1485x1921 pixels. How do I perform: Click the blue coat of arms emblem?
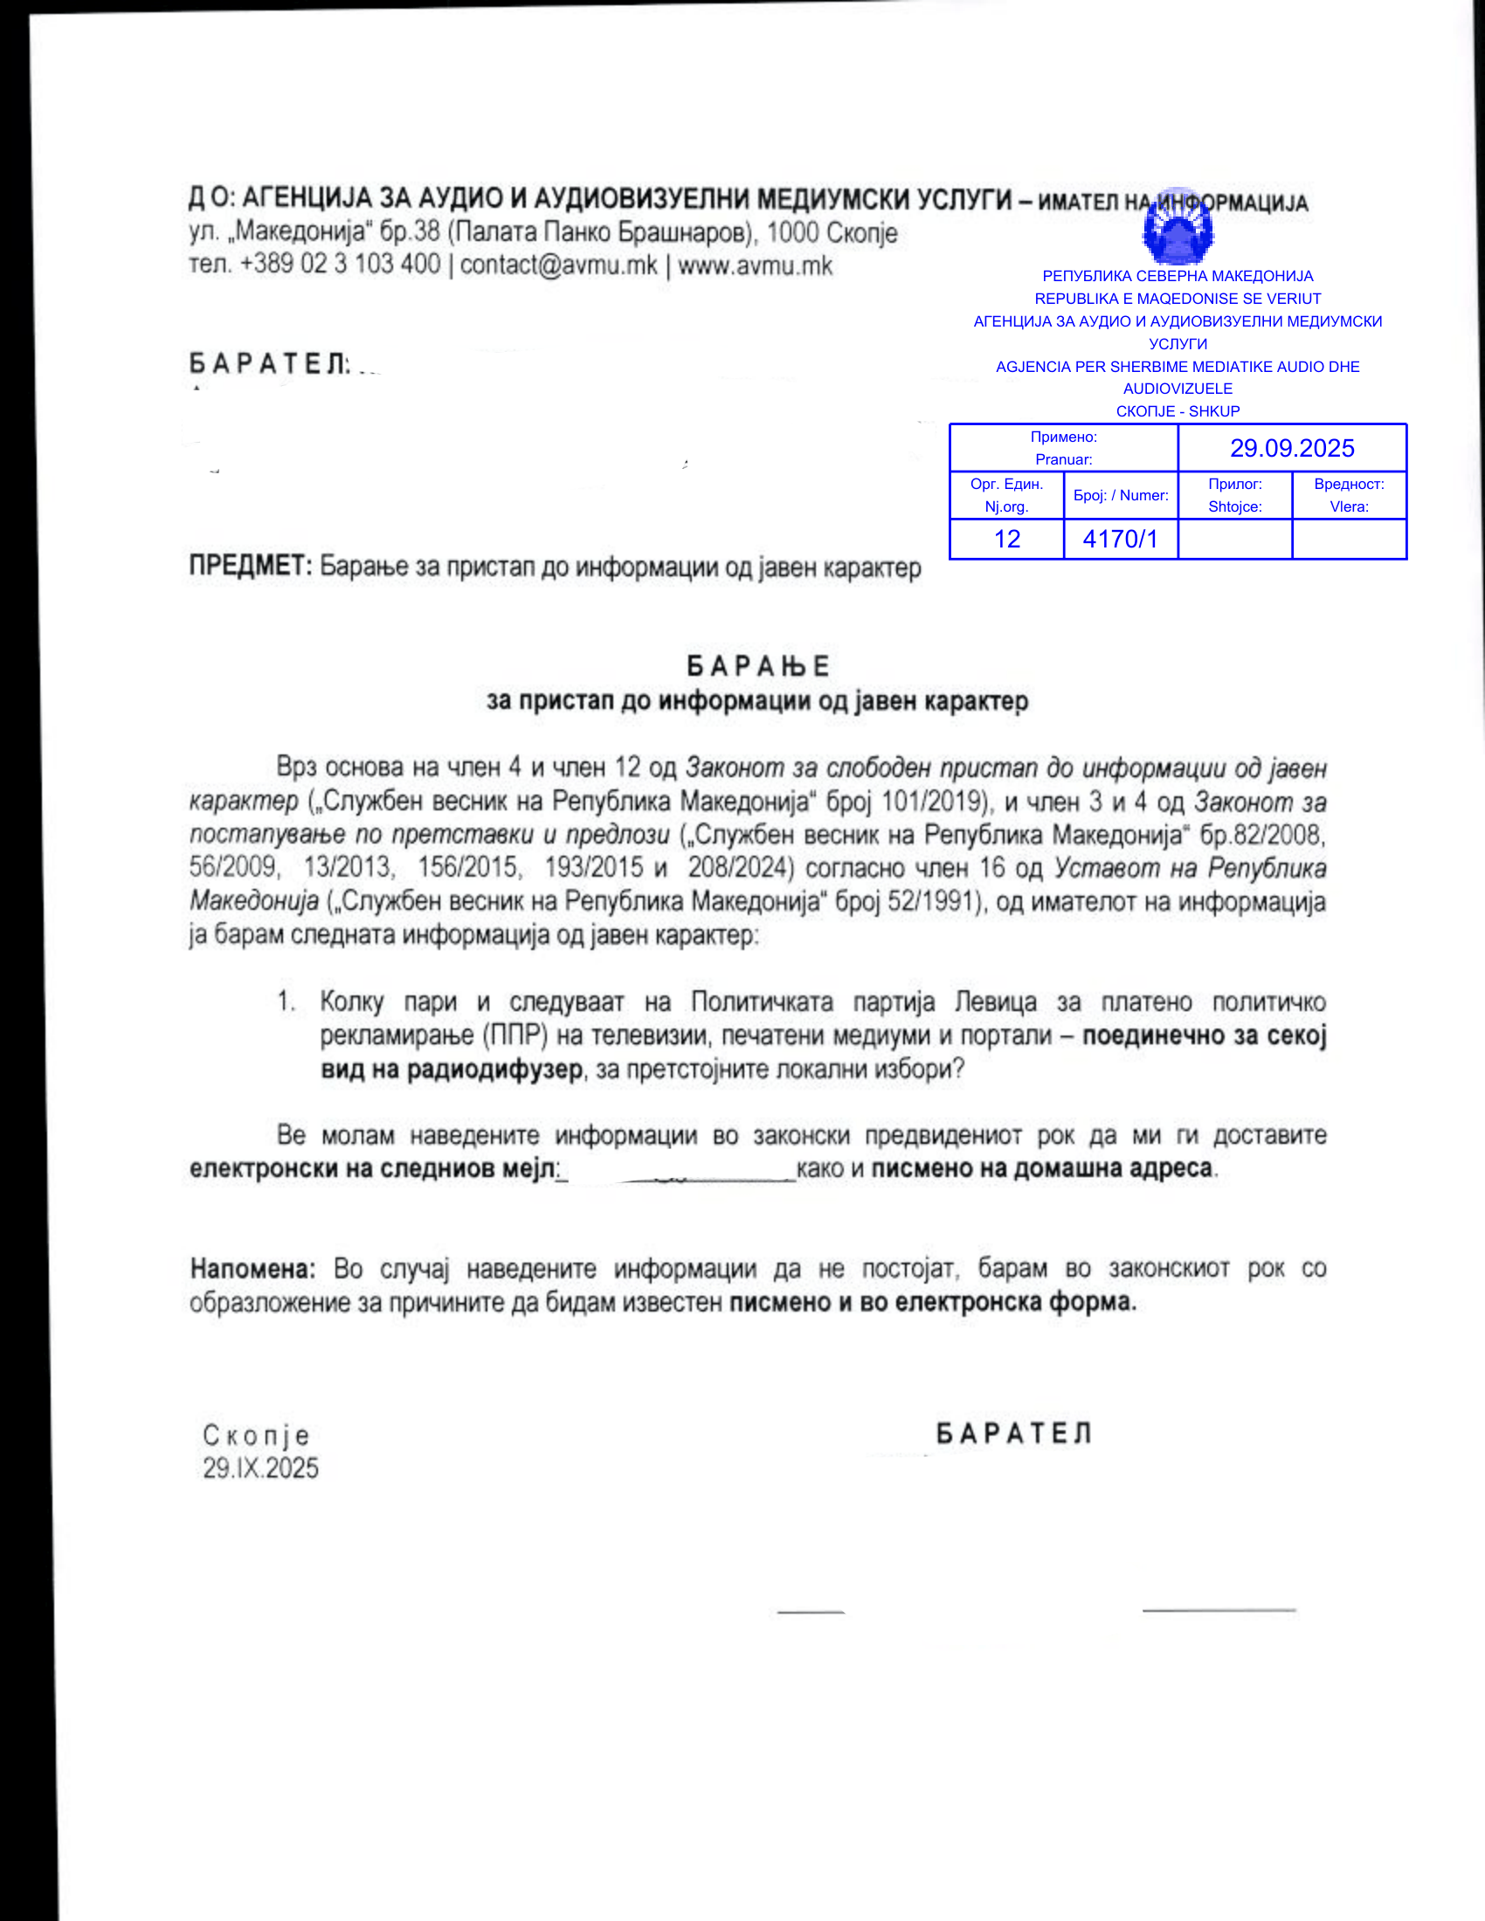tap(1178, 227)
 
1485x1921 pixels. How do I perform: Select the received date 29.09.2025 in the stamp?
tap(1291, 448)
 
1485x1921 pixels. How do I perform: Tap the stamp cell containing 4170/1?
tap(1120, 538)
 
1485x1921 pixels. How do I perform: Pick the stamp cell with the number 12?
tap(1006, 538)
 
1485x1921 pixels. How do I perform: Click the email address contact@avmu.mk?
tap(559, 265)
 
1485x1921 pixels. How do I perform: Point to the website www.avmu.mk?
tap(755, 265)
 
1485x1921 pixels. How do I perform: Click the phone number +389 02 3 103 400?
tap(340, 264)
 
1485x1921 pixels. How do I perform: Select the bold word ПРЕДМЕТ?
tap(251, 566)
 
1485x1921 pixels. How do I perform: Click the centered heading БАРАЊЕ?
tap(757, 666)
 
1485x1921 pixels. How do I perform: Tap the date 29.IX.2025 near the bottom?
tap(260, 1468)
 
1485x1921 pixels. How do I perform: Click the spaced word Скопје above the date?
tap(256, 1436)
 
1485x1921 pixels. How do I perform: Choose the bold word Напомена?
tap(252, 1269)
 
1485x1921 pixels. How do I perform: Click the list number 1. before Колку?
tap(287, 1001)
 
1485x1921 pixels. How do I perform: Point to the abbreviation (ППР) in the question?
tap(515, 1036)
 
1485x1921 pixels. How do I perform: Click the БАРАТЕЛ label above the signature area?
tap(1013, 1434)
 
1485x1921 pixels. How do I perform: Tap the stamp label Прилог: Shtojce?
tap(1234, 495)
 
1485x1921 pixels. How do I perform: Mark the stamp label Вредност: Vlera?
tap(1349, 495)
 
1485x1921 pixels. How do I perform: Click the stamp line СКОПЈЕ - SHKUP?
tap(1178, 410)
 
